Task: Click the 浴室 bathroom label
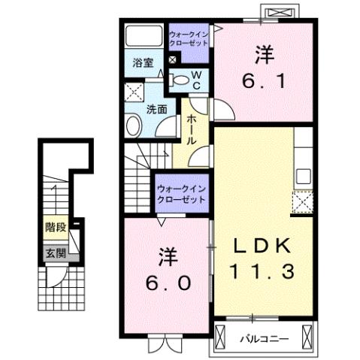coord(144,63)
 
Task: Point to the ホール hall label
coord(192,129)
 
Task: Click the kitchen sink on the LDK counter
coord(304,176)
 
